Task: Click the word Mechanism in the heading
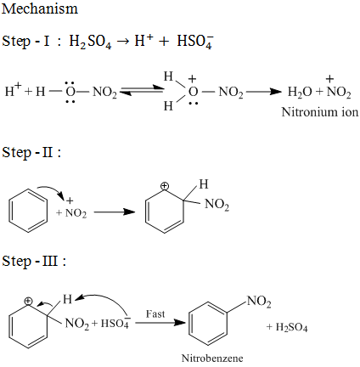click(40, 8)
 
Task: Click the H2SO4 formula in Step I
click(90, 42)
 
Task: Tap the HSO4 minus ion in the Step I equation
click(195, 42)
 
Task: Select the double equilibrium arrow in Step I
click(142, 90)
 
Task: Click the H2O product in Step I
click(300, 92)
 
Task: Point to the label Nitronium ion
click(320, 112)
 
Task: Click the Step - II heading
click(31, 153)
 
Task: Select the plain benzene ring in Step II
click(28, 210)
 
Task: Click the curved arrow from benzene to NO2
click(53, 189)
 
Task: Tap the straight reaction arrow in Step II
click(115, 212)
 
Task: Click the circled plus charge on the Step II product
click(164, 186)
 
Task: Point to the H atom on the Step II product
click(204, 184)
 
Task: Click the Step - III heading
click(34, 261)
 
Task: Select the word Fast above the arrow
click(155, 313)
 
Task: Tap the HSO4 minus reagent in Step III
click(115, 323)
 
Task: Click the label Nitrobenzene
click(212, 359)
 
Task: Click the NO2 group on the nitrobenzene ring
click(259, 302)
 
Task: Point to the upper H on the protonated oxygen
click(168, 76)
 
